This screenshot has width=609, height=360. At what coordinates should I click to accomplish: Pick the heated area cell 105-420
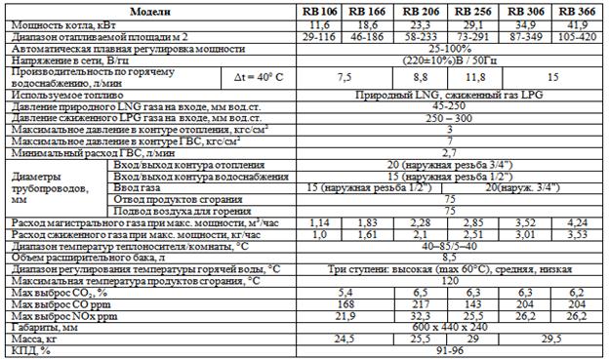[578, 34]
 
